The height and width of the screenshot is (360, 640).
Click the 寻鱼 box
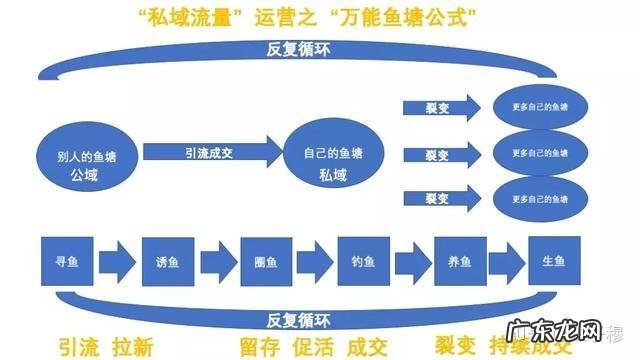pos(65,263)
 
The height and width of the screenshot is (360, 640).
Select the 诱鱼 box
pos(166,263)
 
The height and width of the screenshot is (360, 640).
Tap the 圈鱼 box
pos(266,263)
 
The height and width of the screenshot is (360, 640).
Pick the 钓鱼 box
pos(361,263)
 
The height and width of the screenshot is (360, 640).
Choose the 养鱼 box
pos(460,263)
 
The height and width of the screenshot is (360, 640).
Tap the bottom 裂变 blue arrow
pos(440,197)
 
